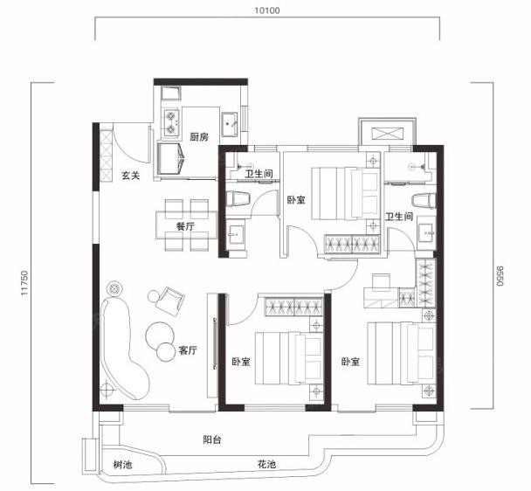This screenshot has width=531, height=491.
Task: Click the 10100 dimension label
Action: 267,10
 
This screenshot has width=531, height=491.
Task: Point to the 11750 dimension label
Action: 24,282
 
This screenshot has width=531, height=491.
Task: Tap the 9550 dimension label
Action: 500,276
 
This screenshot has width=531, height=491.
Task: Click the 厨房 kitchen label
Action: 199,137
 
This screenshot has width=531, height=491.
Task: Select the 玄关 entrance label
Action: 131,176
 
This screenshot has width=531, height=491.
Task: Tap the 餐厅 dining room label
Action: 185,226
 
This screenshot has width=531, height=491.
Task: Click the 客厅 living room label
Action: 188,350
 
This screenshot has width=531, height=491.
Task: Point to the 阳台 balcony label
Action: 212,439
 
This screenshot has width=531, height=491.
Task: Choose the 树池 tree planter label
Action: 122,464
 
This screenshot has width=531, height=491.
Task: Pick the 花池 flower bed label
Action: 266,464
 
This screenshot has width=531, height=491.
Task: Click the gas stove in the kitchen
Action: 170,122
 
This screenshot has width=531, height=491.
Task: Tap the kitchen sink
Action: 230,124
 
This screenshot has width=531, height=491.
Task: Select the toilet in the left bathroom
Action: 238,199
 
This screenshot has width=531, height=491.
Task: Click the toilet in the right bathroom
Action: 424,201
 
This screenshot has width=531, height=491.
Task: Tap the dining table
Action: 187,225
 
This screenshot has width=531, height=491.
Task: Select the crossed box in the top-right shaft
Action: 388,134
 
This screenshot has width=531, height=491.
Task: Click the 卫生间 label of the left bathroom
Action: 259,174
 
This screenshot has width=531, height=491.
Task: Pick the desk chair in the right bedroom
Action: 381,282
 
